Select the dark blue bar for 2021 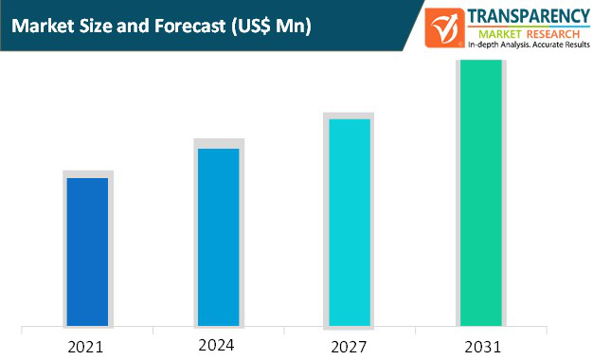click(x=87, y=251)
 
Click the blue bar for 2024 click(x=218, y=237)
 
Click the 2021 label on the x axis click(x=87, y=346)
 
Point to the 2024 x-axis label click(x=217, y=344)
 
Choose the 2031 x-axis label click(x=481, y=346)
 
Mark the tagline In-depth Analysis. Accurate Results click(x=528, y=45)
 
